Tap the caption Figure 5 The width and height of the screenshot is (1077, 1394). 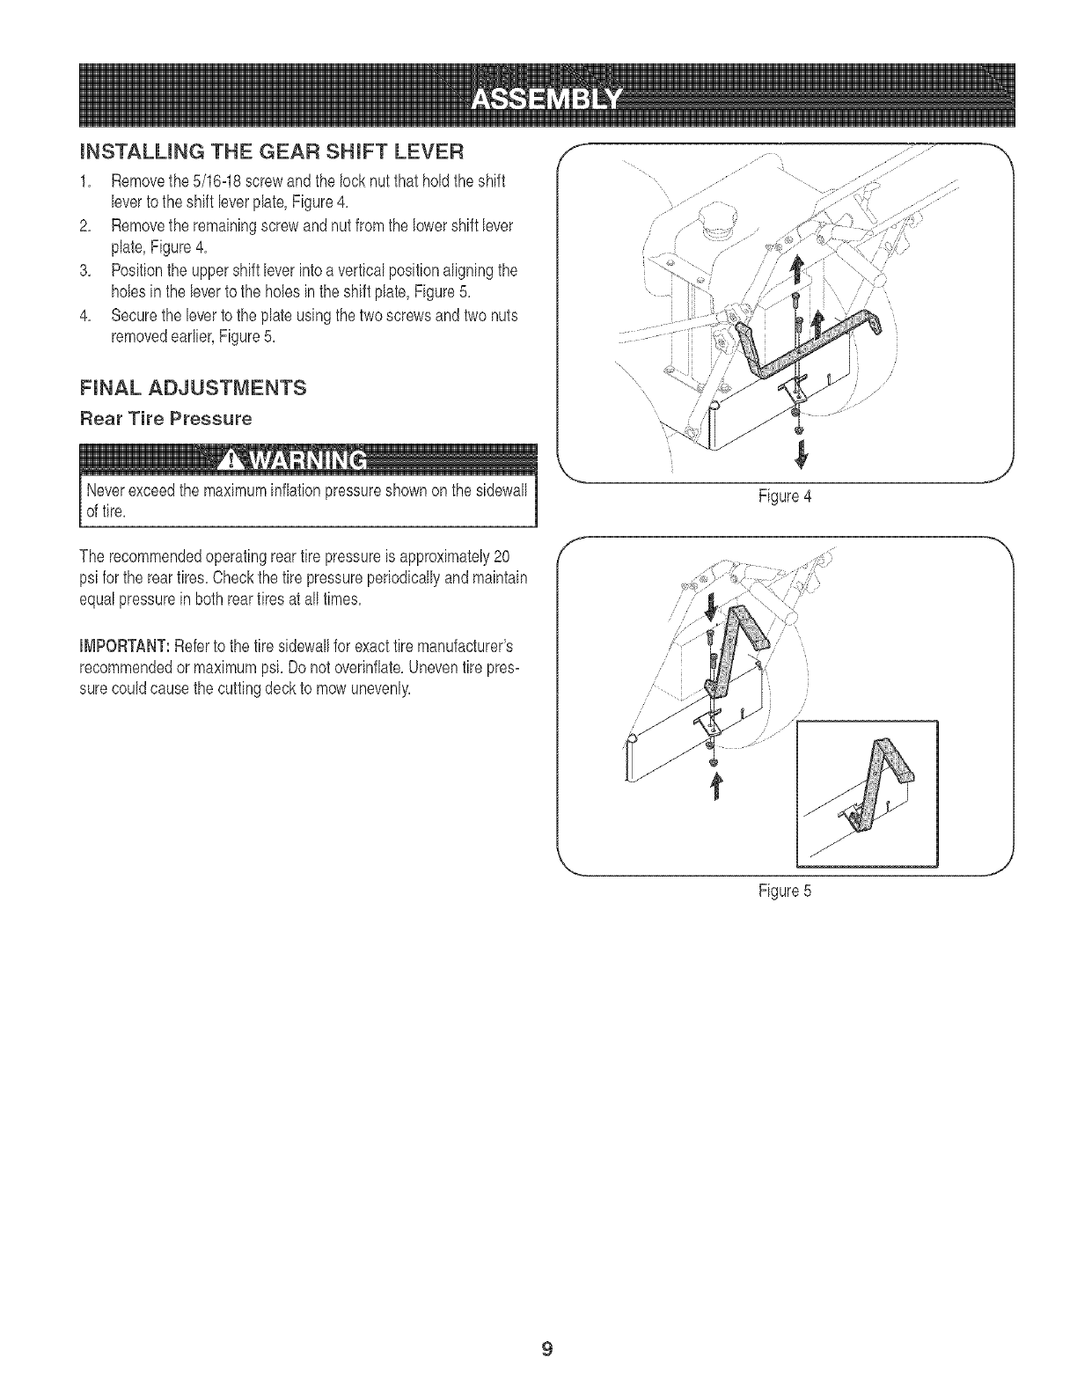(x=786, y=890)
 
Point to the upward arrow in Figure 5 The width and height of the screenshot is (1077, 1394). (x=714, y=787)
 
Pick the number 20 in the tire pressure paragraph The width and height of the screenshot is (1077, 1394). (x=502, y=556)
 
